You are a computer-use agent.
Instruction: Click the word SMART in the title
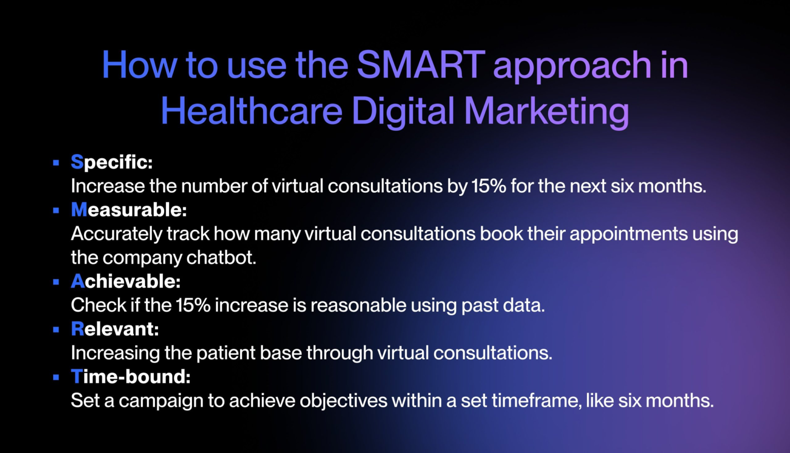click(x=421, y=65)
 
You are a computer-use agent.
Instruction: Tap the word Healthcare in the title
click(x=252, y=112)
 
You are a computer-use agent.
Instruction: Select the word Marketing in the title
click(x=546, y=112)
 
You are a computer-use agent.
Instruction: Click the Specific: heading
click(x=112, y=162)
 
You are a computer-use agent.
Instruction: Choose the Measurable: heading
click(x=129, y=210)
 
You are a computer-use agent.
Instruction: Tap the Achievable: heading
click(x=125, y=281)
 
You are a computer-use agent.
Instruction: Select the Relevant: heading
click(x=115, y=329)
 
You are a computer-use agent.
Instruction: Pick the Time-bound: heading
click(x=131, y=377)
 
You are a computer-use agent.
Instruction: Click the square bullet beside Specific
click(x=56, y=163)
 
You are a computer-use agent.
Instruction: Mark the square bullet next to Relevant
click(x=56, y=330)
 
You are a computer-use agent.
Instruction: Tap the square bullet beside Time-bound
click(x=56, y=377)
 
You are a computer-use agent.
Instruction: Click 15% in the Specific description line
click(x=489, y=186)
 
